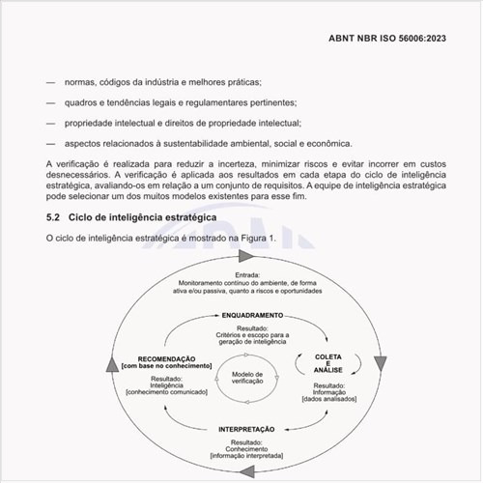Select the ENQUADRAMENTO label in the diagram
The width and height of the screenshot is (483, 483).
tap(251, 316)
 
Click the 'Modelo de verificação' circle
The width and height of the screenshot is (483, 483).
tap(247, 378)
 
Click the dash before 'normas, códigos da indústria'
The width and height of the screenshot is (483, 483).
tap(50, 84)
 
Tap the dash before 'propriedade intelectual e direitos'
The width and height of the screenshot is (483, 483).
tap(50, 123)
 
